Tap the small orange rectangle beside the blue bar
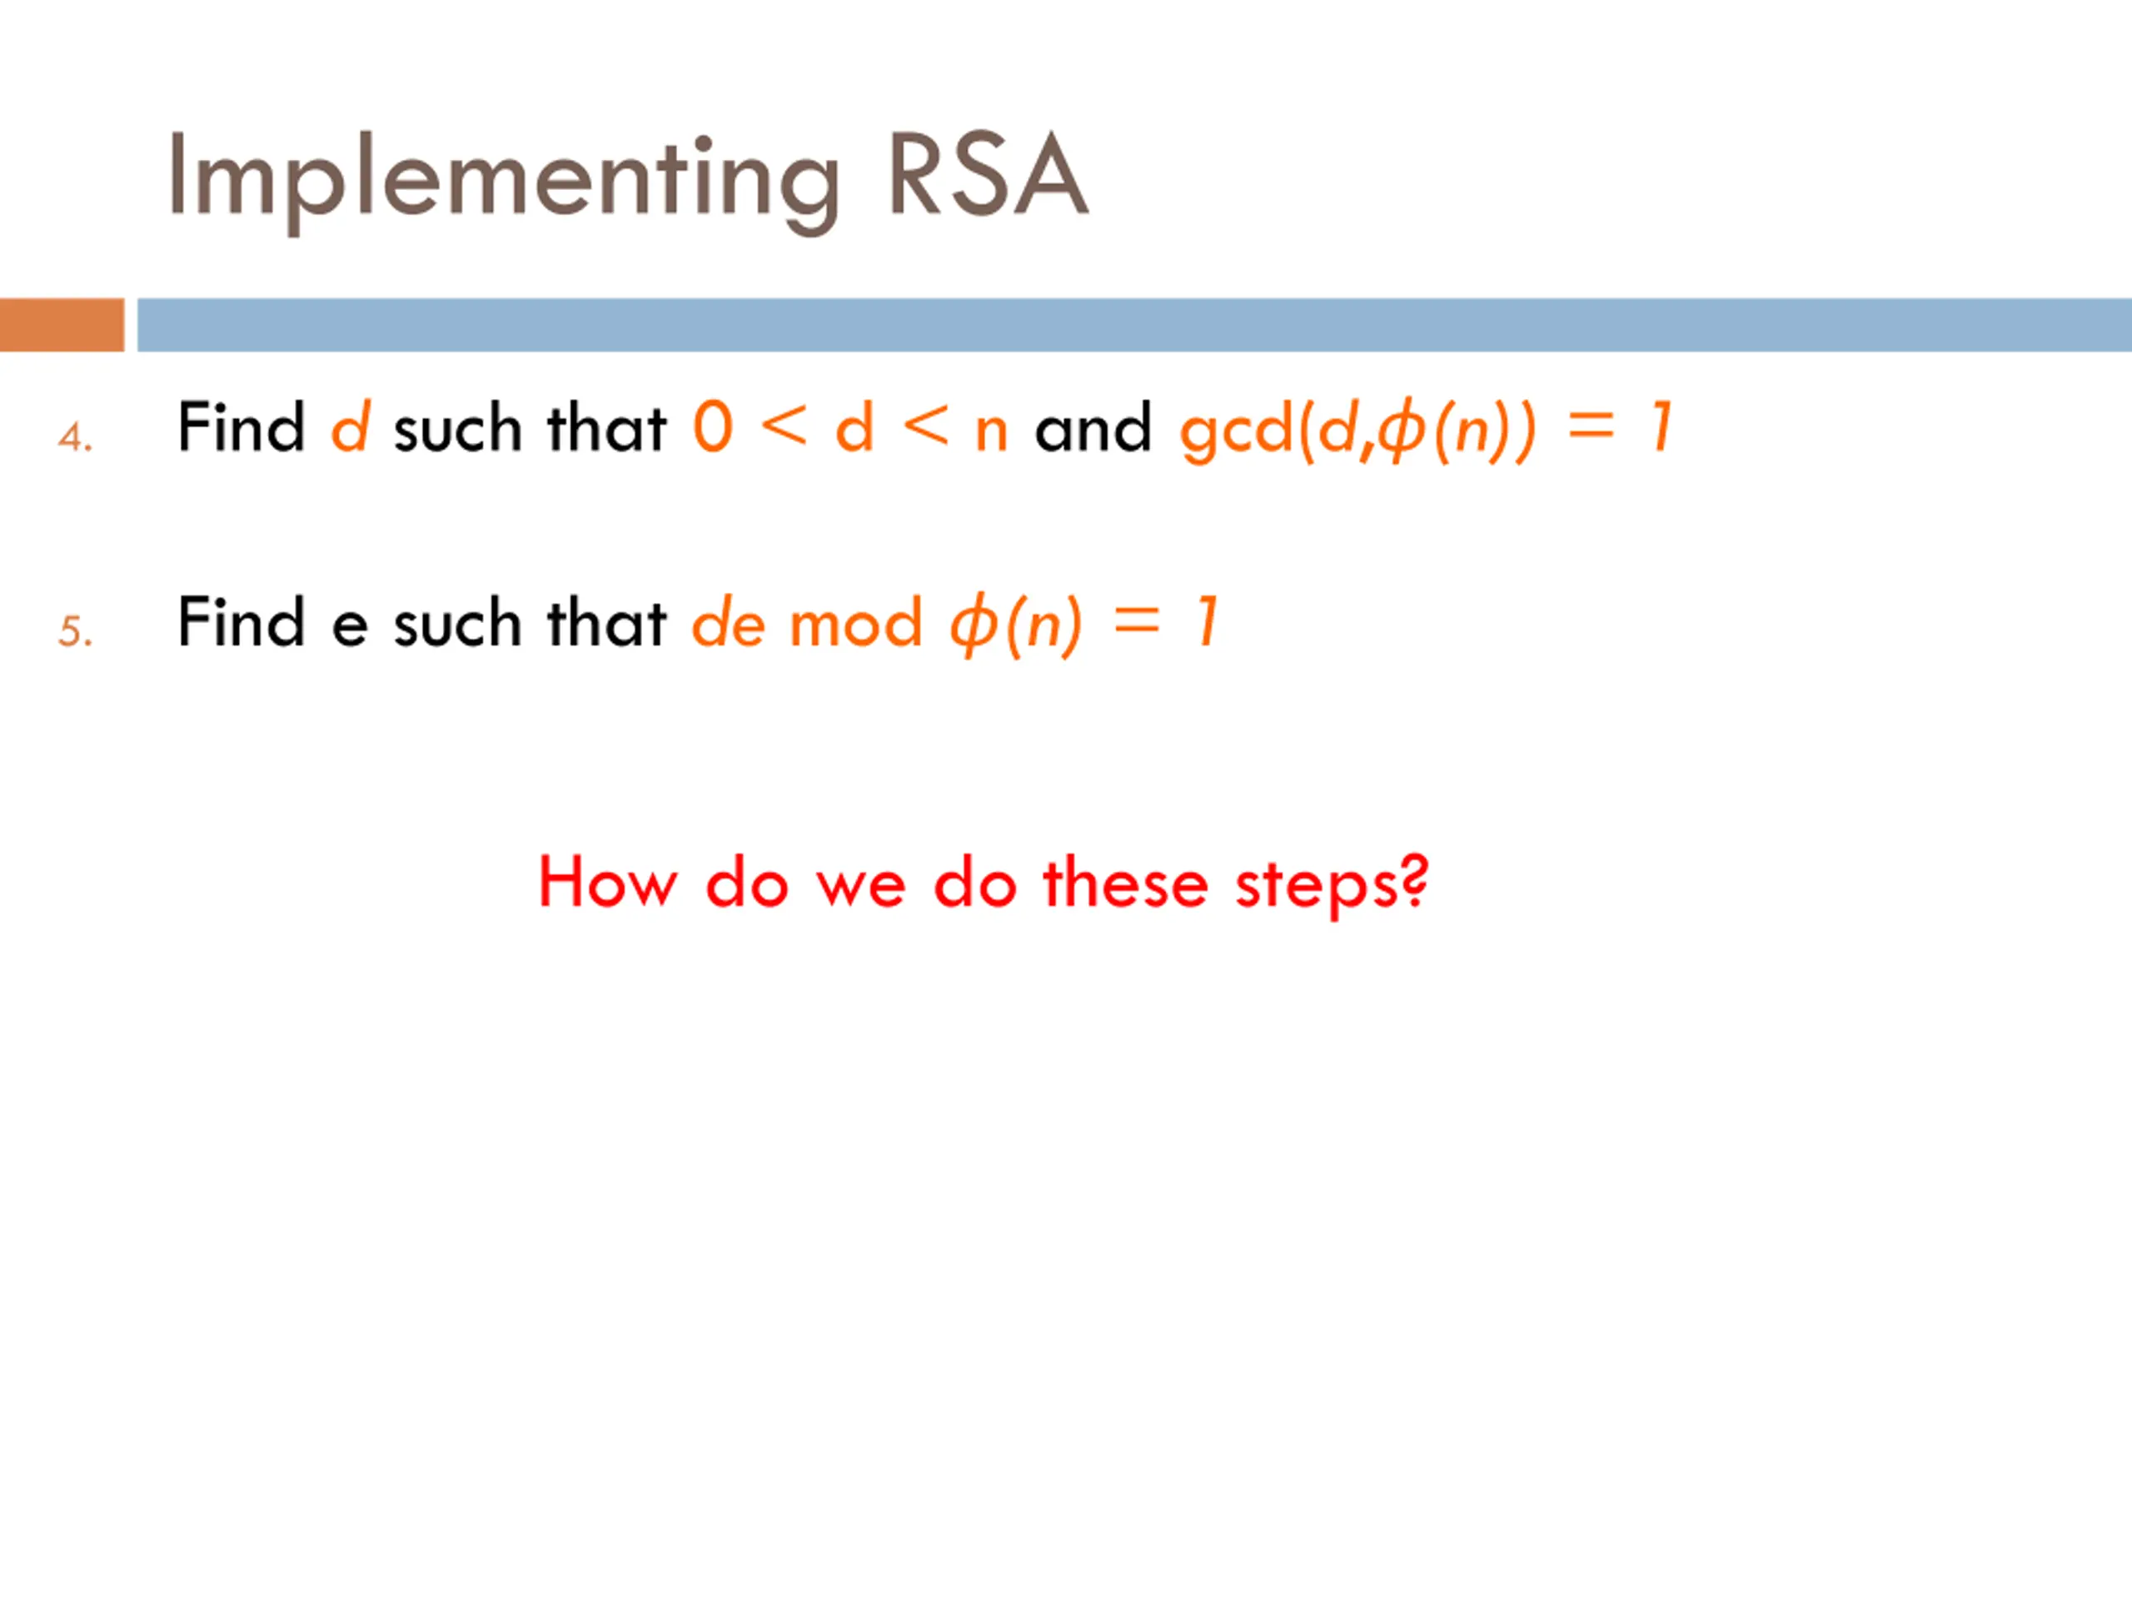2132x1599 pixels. click(62, 325)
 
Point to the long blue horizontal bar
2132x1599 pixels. click(1133, 325)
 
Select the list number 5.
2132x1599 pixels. click(74, 632)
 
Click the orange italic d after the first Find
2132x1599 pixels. click(350, 427)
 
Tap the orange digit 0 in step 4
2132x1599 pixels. click(713, 427)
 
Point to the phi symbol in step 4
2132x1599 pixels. click(1402, 431)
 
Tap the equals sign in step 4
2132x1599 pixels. click(1591, 427)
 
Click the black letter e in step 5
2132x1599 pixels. click(349, 625)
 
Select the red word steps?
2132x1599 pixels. click(1331, 884)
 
